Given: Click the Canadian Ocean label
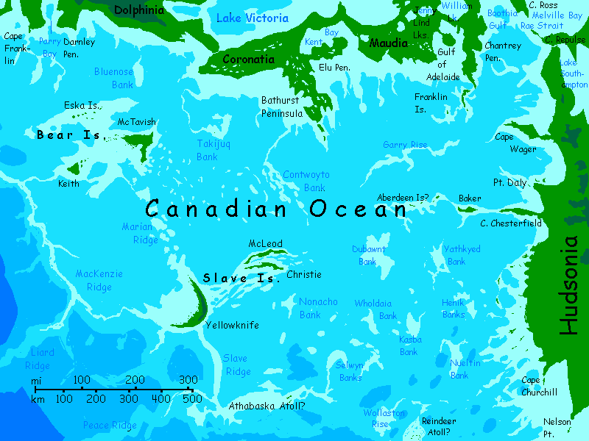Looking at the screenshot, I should coord(276,209).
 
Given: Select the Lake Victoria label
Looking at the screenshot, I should coord(252,18).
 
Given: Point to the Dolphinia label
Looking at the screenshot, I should coord(138,10).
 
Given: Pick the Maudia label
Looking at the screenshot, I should coord(388,43).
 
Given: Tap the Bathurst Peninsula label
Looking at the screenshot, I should coord(282,107).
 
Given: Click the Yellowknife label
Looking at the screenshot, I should coord(232,325).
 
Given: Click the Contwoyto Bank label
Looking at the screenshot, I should coord(306,181).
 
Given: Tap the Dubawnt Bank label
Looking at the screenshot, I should coord(369,255).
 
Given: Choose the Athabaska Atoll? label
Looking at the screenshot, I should coord(267,406).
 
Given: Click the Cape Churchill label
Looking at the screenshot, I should coord(539,386).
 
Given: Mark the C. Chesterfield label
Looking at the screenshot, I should coord(511,223).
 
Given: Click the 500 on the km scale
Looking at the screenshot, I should coord(192,399).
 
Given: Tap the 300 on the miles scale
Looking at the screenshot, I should coord(188,379).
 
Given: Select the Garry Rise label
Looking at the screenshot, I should coord(405,146).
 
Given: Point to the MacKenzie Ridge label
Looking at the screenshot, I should coord(99,280).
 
